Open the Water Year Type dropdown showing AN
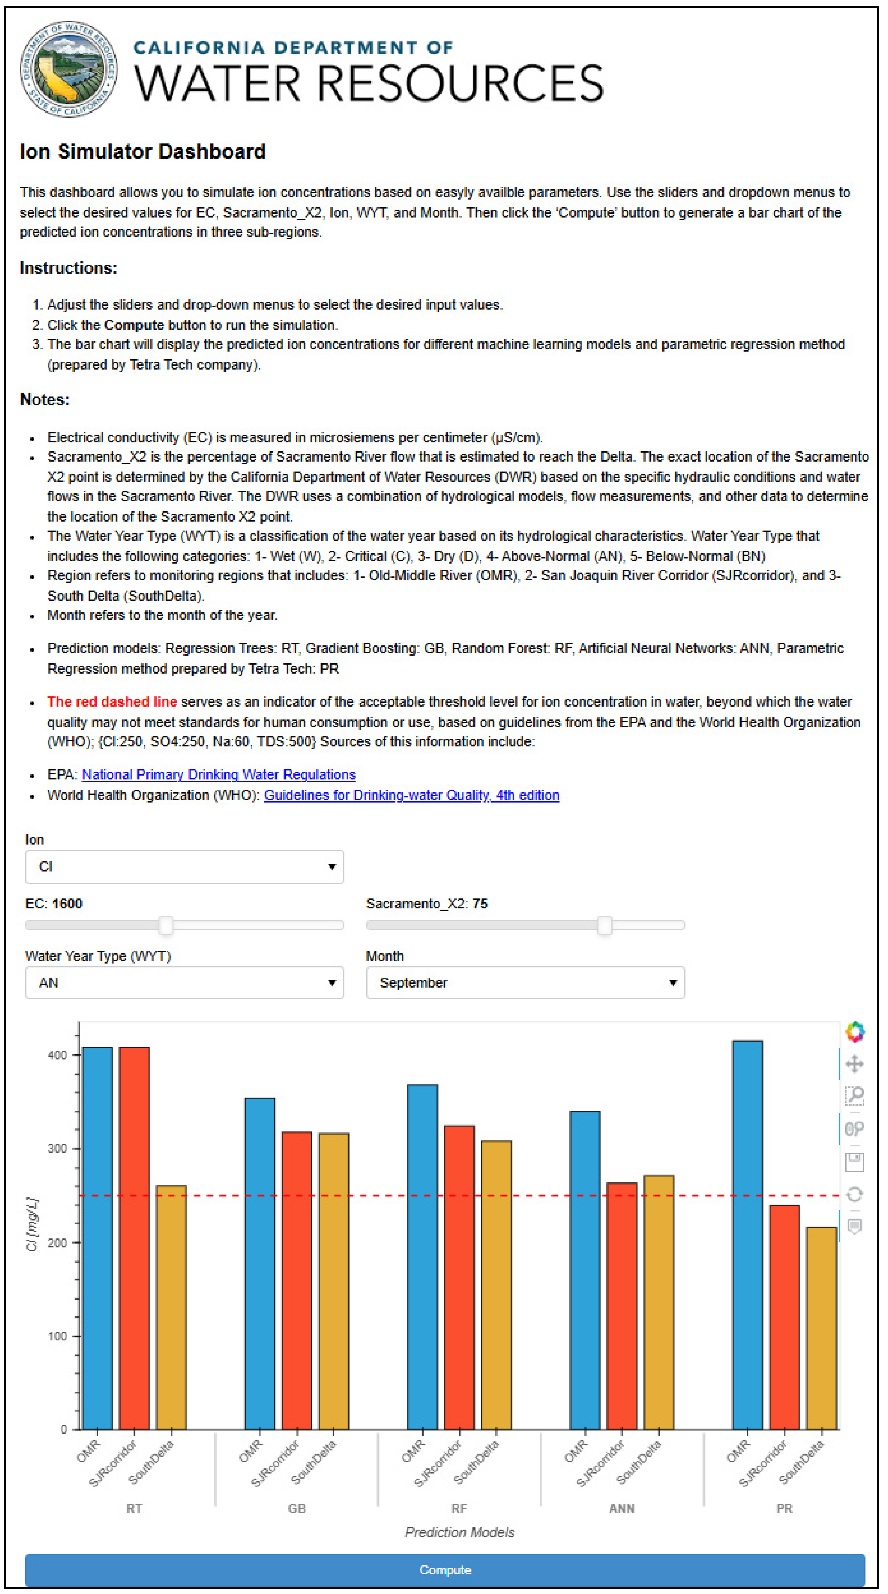tap(184, 982)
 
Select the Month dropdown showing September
tap(525, 982)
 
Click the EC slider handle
tap(165, 925)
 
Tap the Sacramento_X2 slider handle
tap(605, 925)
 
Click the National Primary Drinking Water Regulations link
tap(219, 775)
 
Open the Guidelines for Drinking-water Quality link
tap(412, 795)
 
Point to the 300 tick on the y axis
tap(57, 1148)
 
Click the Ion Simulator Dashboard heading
tap(143, 152)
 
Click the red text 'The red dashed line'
tap(112, 702)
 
